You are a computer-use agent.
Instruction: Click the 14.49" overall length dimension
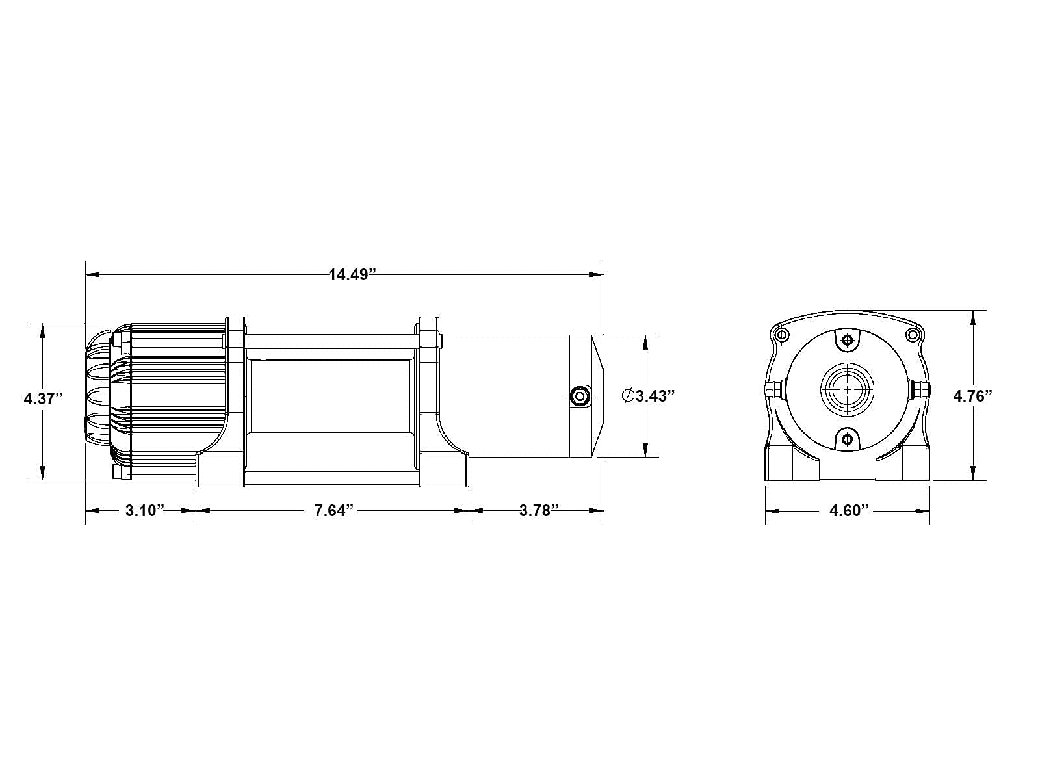click(x=352, y=275)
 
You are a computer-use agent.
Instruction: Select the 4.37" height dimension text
click(x=43, y=398)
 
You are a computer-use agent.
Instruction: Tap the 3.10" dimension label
click(x=145, y=510)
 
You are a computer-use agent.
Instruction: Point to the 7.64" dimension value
click(x=334, y=510)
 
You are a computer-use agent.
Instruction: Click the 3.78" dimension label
click(x=539, y=510)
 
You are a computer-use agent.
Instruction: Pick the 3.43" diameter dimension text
click(x=655, y=396)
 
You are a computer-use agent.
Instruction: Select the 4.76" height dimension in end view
click(x=972, y=396)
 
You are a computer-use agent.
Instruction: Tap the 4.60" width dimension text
click(x=849, y=510)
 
